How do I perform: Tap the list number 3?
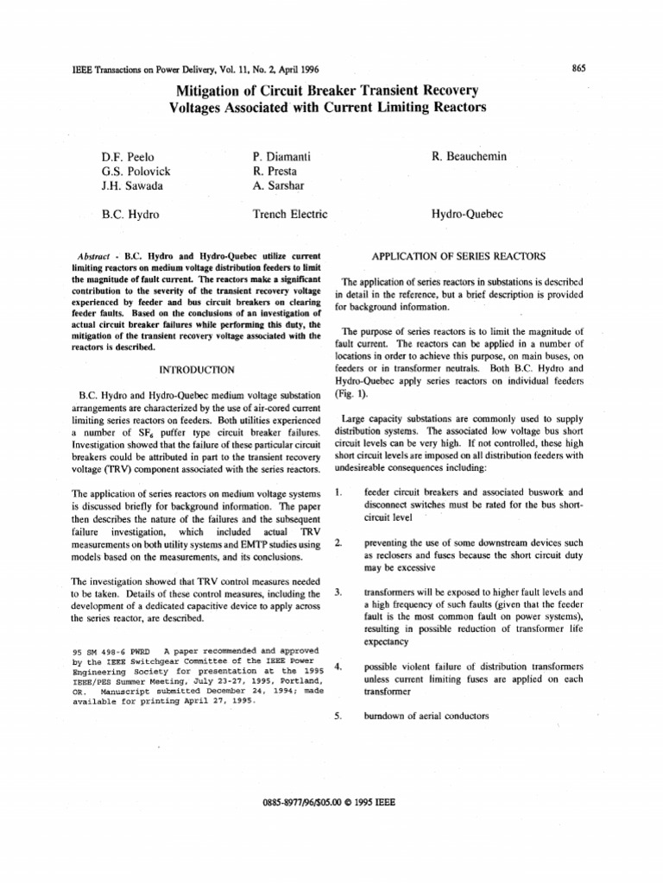coord(338,592)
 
